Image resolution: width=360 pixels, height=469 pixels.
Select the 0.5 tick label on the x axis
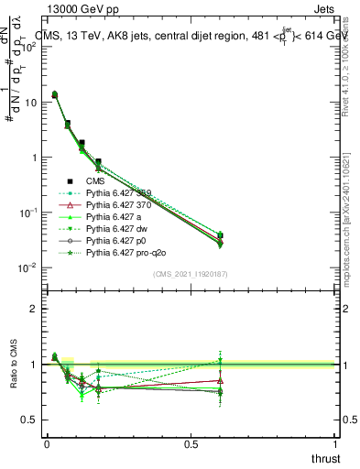[191, 443]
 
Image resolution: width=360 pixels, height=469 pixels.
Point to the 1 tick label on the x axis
[336, 443]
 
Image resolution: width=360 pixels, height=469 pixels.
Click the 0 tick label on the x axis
[47, 443]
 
